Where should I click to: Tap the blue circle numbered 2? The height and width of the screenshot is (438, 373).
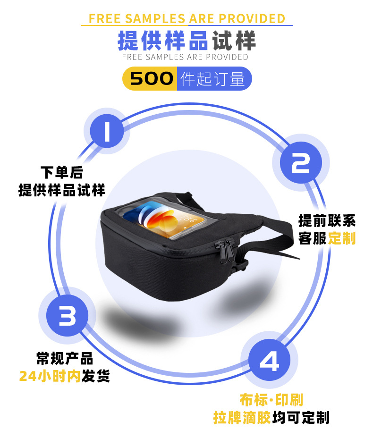300,164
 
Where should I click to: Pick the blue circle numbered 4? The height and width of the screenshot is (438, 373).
269,362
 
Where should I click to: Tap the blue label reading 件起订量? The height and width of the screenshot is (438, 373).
214,78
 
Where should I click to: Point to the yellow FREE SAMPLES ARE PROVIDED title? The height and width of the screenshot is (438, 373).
187,18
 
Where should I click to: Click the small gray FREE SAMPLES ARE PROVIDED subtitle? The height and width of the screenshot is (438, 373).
185,57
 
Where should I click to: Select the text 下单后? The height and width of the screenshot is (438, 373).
62,172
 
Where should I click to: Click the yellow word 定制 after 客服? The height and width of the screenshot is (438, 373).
342,238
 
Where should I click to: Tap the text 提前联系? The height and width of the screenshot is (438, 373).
327,220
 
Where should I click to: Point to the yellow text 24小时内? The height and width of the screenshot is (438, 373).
50,376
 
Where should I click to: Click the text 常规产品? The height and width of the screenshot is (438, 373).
65,358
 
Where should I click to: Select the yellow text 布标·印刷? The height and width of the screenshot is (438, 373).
271,400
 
